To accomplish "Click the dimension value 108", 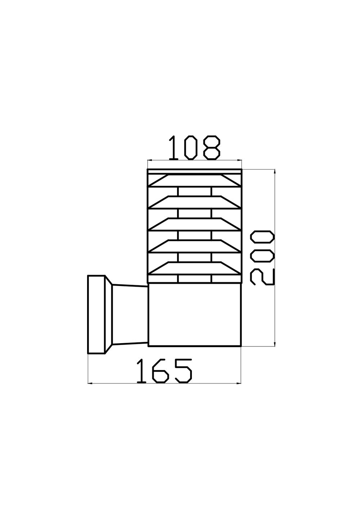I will click(x=194, y=148).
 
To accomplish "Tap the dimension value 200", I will click(x=263, y=258).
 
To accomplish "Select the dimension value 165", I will click(x=165, y=371).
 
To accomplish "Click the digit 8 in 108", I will click(x=211, y=148).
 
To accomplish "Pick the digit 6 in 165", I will click(x=160, y=371).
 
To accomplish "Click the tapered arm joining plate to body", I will click(x=130, y=314).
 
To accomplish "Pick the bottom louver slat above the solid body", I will click(x=194, y=268).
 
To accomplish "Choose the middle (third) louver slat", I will click(x=194, y=224).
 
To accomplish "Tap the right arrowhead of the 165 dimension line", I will click(x=239, y=383).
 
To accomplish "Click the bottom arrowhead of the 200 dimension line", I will click(x=275, y=345).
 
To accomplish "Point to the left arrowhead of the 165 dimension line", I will click(x=90, y=383).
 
